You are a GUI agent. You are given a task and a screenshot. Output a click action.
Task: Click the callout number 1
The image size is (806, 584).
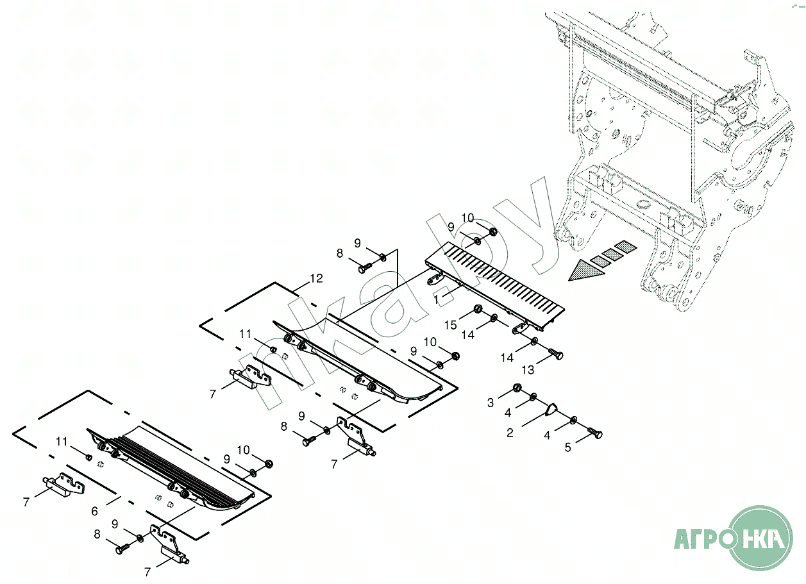pyautogui.click(x=436, y=299)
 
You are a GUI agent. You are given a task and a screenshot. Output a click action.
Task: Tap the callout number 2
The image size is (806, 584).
pyautogui.click(x=510, y=433)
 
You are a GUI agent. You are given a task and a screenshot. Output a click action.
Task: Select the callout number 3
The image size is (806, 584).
pyautogui.click(x=491, y=403)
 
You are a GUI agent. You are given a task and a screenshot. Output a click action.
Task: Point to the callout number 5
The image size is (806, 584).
pyautogui.click(x=567, y=447)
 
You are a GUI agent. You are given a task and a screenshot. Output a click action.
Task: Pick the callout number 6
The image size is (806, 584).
pyautogui.click(x=94, y=511)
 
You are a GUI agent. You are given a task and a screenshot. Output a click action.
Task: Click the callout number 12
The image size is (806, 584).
pyautogui.click(x=315, y=279)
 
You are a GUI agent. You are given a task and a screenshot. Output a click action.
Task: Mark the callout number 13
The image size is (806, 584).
pyautogui.click(x=528, y=371)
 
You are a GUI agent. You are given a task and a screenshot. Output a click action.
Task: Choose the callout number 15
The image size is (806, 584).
pyautogui.click(x=451, y=325)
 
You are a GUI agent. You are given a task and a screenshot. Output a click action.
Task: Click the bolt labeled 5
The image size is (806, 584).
pyautogui.click(x=595, y=435)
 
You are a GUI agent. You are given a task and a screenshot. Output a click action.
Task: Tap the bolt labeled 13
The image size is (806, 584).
pyautogui.click(x=555, y=354)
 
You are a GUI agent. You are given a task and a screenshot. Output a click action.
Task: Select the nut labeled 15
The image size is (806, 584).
pyautogui.click(x=478, y=311)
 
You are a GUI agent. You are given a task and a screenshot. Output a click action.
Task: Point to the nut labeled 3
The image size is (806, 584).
pyautogui.click(x=516, y=389)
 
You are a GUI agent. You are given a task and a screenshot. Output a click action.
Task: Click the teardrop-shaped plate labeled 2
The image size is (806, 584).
pyautogui.click(x=550, y=410)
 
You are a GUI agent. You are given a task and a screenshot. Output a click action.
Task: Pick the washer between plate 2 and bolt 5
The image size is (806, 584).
pyautogui.click(x=573, y=421)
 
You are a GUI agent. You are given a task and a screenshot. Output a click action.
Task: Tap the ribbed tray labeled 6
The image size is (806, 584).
pyautogui.click(x=173, y=465)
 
